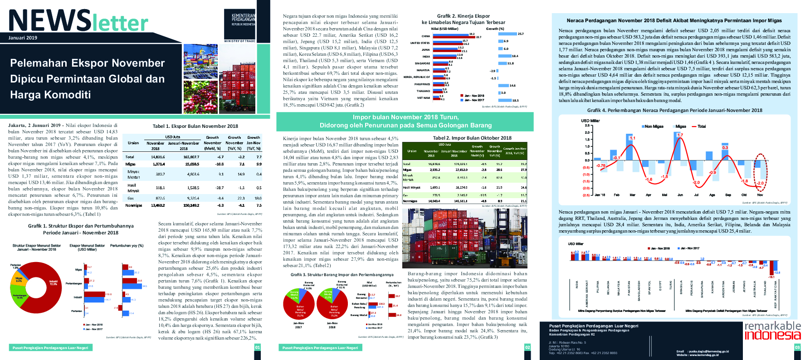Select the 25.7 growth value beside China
click(x=520, y=34)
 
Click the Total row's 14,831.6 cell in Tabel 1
click(x=158, y=157)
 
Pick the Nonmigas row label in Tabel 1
click(x=133, y=205)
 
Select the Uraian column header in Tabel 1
click(x=133, y=143)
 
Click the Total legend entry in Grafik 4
click(x=701, y=126)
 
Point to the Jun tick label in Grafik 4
click(x=680, y=195)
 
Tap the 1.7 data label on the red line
click(x=680, y=135)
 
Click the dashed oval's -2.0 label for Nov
click(x=760, y=184)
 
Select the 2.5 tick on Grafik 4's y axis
click(x=587, y=126)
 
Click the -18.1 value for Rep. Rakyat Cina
click(x=771, y=277)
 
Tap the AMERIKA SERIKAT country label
click(x=587, y=294)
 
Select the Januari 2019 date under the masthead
click(x=23, y=38)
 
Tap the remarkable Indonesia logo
click(x=772, y=331)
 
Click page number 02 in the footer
click(x=527, y=347)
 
